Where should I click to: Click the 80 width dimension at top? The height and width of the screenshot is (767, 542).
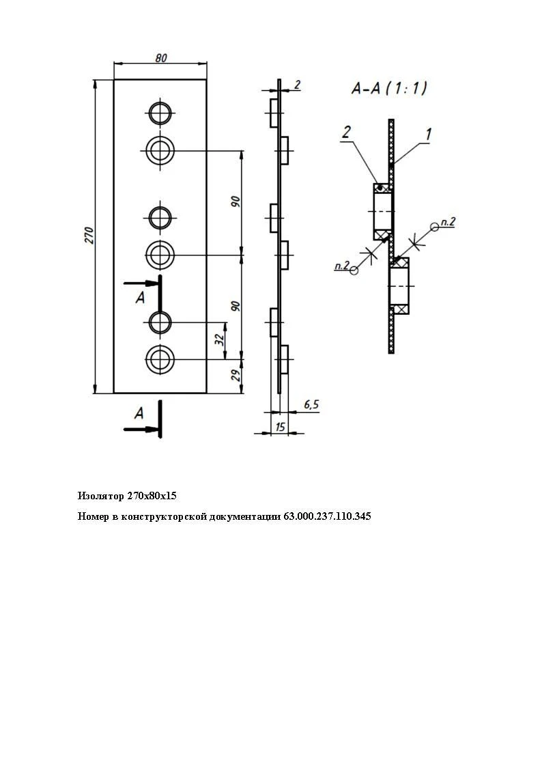point(160,58)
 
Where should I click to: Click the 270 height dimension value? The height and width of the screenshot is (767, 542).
point(89,236)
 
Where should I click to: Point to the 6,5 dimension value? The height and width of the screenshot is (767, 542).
point(311,405)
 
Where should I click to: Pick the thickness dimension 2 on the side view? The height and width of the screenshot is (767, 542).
point(297,85)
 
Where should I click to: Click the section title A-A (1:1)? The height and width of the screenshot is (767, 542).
point(388,88)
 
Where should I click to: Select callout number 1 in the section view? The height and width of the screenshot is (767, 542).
point(427,135)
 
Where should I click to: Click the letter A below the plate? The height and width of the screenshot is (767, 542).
point(139,413)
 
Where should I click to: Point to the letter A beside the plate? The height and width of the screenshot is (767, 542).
point(139,297)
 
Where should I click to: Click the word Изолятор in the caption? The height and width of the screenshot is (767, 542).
point(101,495)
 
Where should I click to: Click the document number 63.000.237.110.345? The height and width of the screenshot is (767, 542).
point(327,516)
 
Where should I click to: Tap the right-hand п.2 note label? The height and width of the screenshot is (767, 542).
point(448,221)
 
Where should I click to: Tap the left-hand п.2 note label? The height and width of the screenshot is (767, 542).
point(341,266)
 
